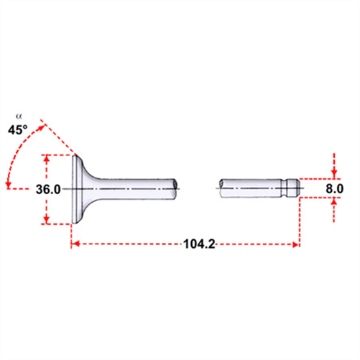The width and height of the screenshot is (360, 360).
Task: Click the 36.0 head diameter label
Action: coord(48,190)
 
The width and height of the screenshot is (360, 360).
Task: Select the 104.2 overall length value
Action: coord(199,244)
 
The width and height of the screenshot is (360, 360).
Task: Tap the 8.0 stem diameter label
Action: coord(334,189)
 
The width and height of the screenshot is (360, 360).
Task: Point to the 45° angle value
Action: coord(18,130)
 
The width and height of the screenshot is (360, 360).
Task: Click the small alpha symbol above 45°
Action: coord(19,116)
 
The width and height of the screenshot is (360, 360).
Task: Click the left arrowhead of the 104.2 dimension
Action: coord(75,244)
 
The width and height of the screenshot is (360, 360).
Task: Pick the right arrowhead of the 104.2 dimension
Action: coord(295,244)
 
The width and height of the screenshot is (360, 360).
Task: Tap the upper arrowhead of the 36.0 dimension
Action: coord(47,158)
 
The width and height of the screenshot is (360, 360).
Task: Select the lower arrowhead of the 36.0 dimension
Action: coord(47,220)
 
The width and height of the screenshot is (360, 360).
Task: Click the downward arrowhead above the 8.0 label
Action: coord(334,175)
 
